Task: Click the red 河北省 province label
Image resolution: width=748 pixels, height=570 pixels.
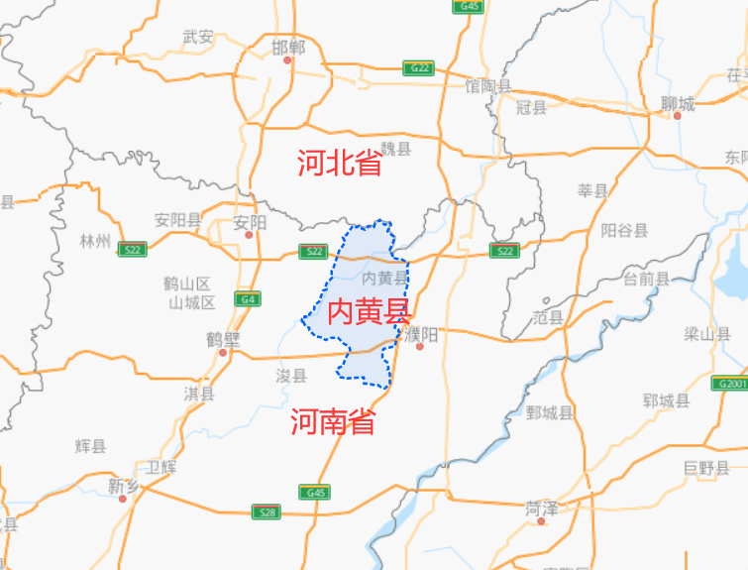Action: (339, 164)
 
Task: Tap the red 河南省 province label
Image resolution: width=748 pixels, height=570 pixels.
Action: (333, 423)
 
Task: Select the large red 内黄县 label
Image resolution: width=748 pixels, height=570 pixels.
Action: (369, 312)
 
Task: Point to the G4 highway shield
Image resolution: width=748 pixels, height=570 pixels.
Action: (248, 298)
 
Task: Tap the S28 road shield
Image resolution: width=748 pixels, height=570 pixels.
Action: (266, 512)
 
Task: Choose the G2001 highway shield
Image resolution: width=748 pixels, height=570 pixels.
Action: (731, 383)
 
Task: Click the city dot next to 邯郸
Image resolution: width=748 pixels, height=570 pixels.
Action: (288, 60)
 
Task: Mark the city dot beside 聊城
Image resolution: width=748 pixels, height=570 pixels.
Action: (678, 115)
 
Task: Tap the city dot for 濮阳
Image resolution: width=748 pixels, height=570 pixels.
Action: (419, 347)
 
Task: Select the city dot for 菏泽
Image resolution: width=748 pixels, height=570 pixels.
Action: (541, 520)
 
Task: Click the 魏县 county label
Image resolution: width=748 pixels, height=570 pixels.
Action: (395, 148)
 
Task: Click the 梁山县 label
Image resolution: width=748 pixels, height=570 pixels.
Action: (706, 334)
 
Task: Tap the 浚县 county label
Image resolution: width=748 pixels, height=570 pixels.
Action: (291, 375)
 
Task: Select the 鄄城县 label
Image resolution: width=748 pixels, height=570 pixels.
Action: (550, 411)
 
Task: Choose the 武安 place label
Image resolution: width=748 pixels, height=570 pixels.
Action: (198, 37)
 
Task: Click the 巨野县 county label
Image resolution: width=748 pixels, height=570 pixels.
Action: (706, 467)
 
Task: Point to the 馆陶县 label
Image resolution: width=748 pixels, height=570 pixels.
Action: (488, 86)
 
